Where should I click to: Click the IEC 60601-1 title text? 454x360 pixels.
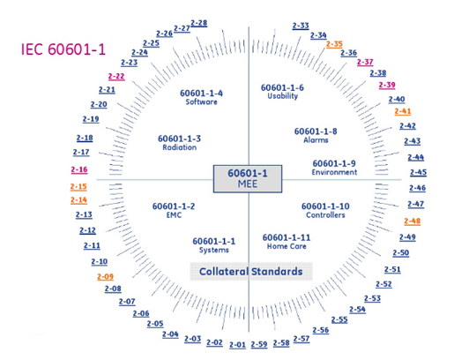63,49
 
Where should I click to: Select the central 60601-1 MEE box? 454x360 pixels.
248,179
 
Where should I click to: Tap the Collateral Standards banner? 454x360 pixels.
251,271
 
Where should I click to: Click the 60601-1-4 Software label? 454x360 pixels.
201,97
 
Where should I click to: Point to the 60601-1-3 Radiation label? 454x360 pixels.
179,143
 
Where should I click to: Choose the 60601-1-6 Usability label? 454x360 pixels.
282,92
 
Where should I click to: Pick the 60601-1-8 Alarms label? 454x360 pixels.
316,135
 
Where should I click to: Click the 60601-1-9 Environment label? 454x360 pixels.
334,168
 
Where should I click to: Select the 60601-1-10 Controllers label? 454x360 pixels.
325,210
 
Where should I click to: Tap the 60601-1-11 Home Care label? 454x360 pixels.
287,242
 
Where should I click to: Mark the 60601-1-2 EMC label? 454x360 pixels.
174,210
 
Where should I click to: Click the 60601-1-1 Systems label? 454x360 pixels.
214,245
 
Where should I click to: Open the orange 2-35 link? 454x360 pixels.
334,44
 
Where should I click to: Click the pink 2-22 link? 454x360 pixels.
116,77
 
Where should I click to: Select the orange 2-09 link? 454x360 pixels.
105,277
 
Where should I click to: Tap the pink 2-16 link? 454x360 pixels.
79,169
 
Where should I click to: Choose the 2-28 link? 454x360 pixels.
199,23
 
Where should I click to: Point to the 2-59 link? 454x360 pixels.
259,344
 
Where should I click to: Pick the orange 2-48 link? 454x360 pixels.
413,221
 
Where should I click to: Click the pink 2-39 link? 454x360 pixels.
387,85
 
